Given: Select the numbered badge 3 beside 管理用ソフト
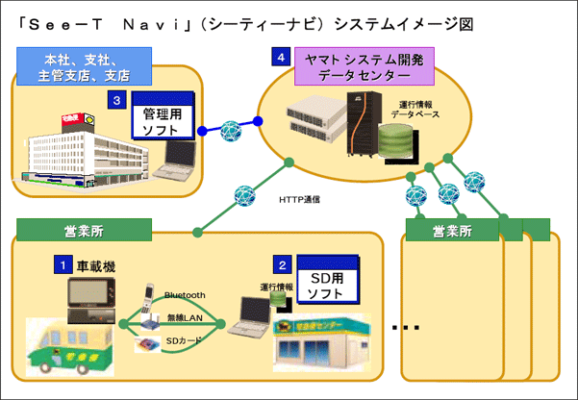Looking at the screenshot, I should coord(115,99).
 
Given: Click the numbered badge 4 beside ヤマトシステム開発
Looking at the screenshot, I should coord(280,60).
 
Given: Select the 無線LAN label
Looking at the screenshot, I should coord(185,317).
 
